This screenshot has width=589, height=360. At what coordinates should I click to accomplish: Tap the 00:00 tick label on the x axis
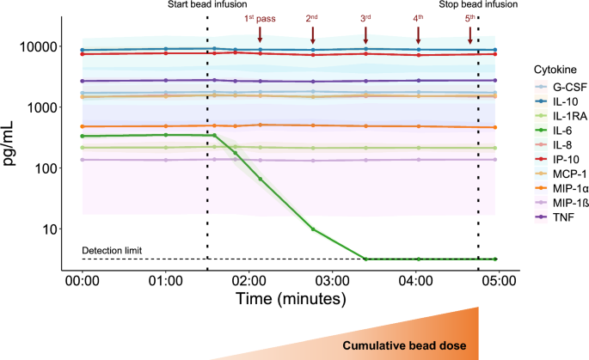pyautogui.click(x=82, y=279)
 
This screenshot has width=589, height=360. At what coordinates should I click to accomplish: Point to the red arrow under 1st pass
pyautogui.click(x=260, y=34)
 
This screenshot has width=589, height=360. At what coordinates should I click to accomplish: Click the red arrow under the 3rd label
pyautogui.click(x=365, y=34)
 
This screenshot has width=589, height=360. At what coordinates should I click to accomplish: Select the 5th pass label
pyautogui.click(x=469, y=17)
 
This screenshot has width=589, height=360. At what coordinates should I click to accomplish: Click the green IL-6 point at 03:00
pyautogui.click(x=313, y=229)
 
